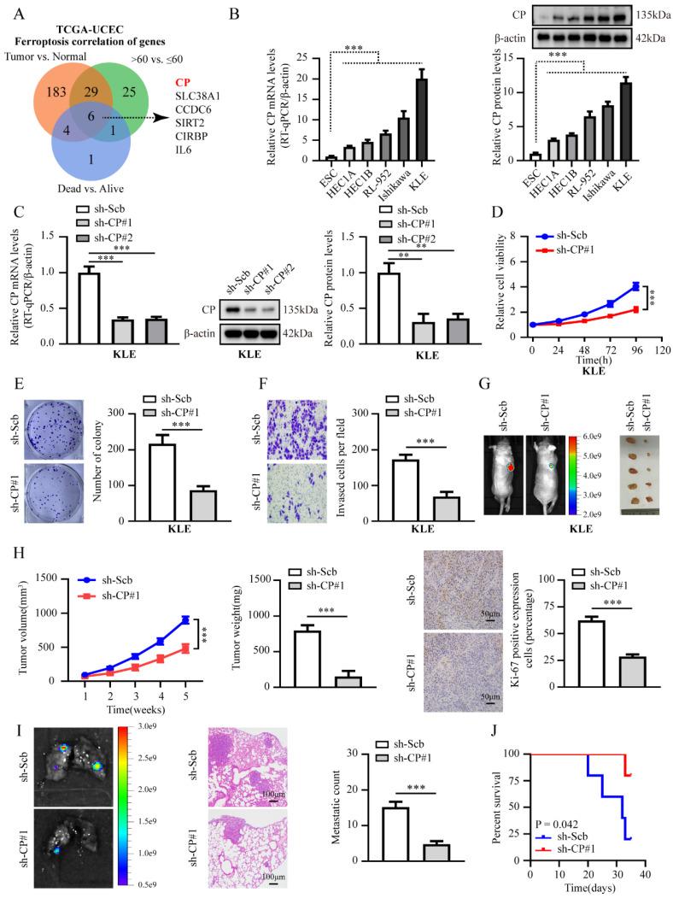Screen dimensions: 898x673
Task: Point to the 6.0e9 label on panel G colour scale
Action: (601, 437)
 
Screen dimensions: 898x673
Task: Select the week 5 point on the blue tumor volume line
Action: (185, 619)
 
